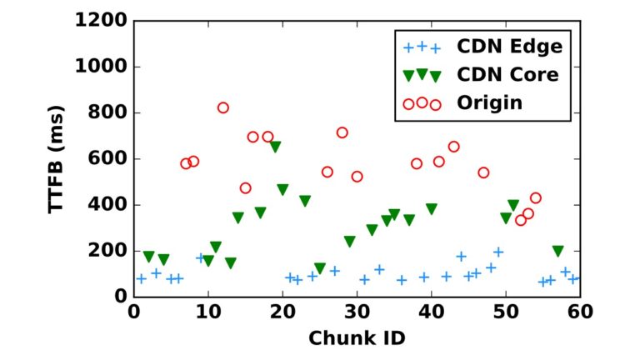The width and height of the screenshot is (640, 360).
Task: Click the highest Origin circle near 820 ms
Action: [x=222, y=107]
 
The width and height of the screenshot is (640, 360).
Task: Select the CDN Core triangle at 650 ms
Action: [x=275, y=147]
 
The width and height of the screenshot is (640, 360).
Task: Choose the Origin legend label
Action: [x=489, y=103]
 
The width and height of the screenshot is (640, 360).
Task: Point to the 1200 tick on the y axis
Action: [x=101, y=21]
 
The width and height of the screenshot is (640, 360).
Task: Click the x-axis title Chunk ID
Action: [x=357, y=339]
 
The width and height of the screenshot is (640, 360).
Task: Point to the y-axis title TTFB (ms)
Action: [x=57, y=158]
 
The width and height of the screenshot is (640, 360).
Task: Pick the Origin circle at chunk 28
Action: [x=342, y=132]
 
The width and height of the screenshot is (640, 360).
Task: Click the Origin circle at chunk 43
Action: [x=453, y=147]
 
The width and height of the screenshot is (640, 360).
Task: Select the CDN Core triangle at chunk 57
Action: [x=557, y=251]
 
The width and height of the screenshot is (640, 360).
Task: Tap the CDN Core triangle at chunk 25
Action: [x=320, y=268]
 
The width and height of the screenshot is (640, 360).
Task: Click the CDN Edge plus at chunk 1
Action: [x=142, y=278]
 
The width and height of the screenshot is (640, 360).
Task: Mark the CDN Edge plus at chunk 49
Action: [x=498, y=252]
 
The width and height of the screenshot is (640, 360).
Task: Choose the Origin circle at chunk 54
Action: [x=535, y=198]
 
